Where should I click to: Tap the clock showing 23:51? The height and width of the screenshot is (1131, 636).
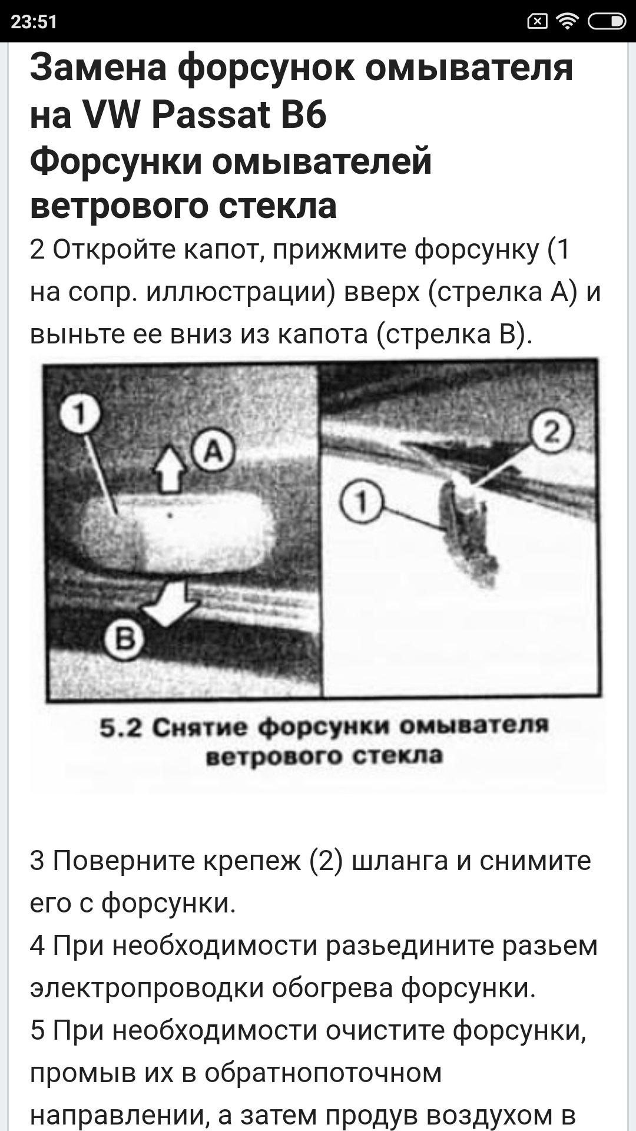[x=34, y=22]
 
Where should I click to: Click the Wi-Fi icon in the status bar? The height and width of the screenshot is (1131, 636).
[x=568, y=22]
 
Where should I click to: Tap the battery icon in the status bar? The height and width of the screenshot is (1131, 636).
[x=606, y=22]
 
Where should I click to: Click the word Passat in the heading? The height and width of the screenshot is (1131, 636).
[x=210, y=114]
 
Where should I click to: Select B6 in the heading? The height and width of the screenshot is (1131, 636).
[x=303, y=114]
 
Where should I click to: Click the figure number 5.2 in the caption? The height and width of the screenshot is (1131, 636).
[x=121, y=728]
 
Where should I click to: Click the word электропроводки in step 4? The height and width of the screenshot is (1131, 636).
[x=147, y=988]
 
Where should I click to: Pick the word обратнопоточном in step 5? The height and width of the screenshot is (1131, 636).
[x=323, y=1073]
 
